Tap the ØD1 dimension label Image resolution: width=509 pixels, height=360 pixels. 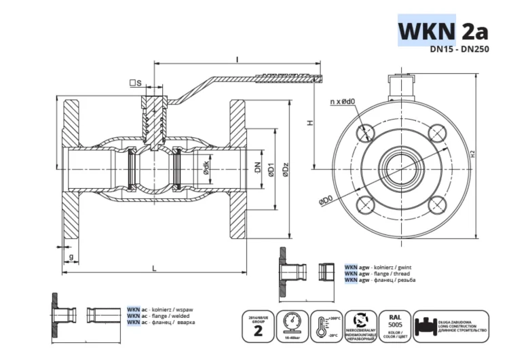click(271, 170)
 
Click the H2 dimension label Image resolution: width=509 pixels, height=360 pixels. click(473, 154)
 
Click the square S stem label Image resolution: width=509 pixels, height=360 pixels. click(135, 84)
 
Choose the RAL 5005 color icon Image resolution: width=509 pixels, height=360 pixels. click(394, 326)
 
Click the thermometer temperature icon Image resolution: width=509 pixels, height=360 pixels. click(324, 326)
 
